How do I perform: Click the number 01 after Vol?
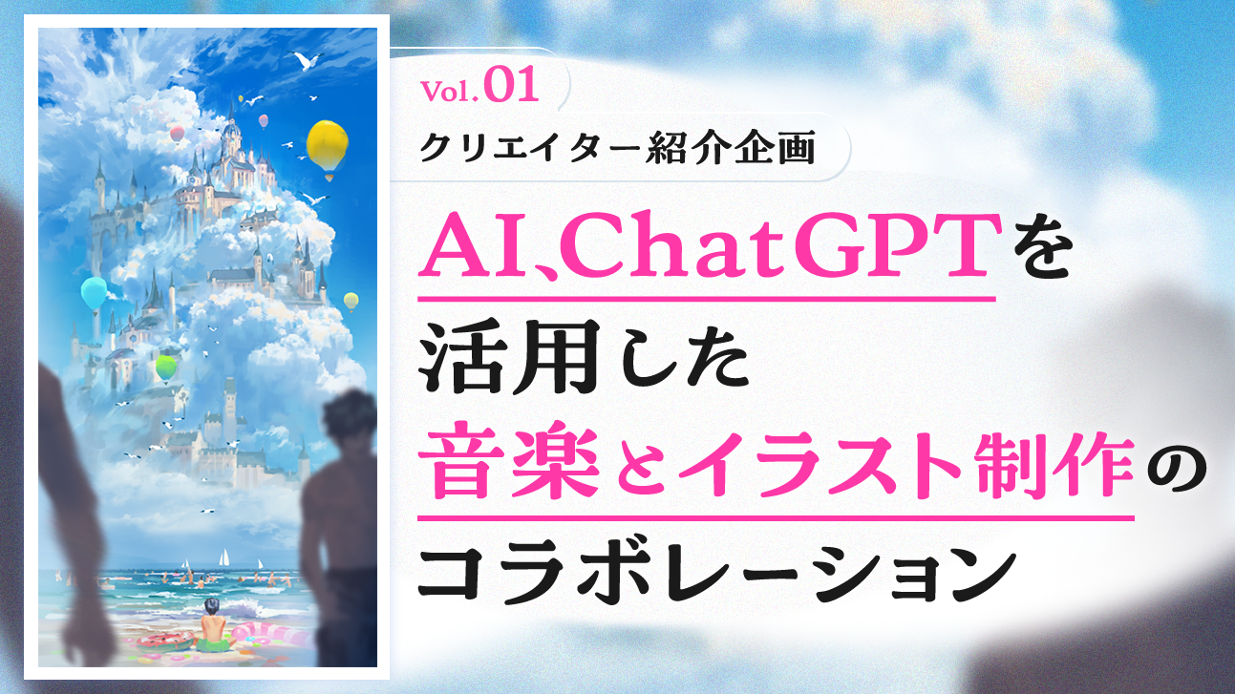[x=511, y=86]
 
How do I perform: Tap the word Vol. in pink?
[x=449, y=91]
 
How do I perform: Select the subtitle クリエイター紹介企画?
[x=617, y=148]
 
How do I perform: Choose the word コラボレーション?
[x=716, y=574]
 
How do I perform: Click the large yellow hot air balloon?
[x=327, y=147]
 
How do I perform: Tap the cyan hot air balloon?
[x=94, y=294]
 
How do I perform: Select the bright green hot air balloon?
[x=165, y=367]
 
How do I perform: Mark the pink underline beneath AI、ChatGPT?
[x=707, y=299]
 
